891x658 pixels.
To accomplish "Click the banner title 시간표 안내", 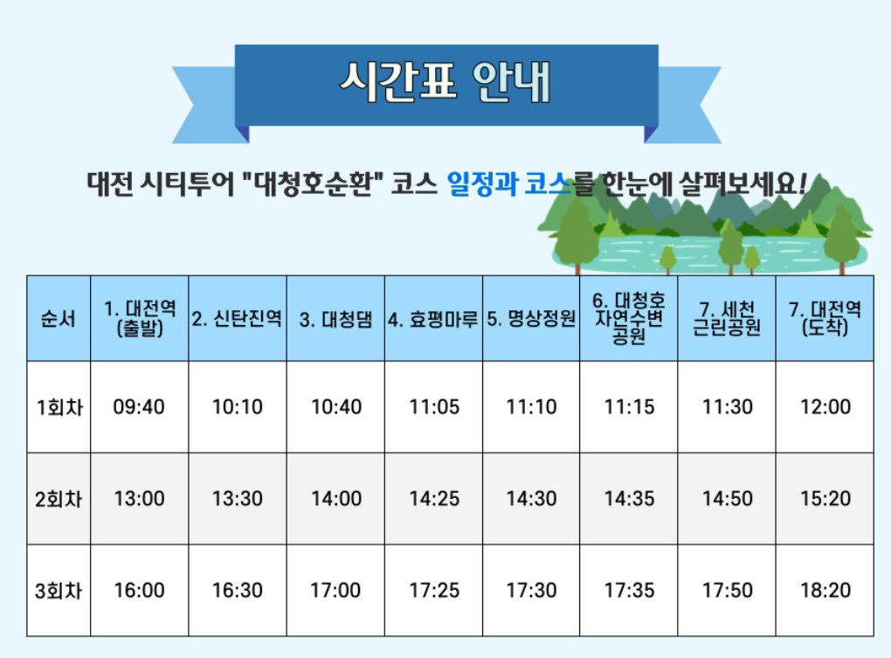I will pyautogui.click(x=445, y=83).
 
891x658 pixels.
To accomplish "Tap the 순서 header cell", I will pyautogui.click(x=59, y=318).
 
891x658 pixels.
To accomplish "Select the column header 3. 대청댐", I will pyautogui.click(x=335, y=319).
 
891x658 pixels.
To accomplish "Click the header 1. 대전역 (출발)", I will pyautogui.click(x=140, y=318).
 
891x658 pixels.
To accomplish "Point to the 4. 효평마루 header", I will pyautogui.click(x=433, y=319).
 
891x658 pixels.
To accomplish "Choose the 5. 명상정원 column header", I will pyautogui.click(x=531, y=319).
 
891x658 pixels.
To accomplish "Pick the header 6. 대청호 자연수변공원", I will pyautogui.click(x=629, y=319).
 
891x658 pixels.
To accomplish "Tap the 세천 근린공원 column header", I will pyautogui.click(x=727, y=319).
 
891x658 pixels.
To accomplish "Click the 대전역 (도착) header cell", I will pyautogui.click(x=825, y=318).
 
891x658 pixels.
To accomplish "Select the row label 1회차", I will pyautogui.click(x=59, y=407).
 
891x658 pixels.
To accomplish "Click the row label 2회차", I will pyautogui.click(x=59, y=500).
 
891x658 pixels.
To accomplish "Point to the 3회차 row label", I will pyautogui.click(x=59, y=591).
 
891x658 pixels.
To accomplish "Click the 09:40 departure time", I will pyautogui.click(x=139, y=407).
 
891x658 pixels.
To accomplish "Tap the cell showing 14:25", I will pyautogui.click(x=434, y=499).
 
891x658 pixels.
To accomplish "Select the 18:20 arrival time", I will pyautogui.click(x=825, y=591).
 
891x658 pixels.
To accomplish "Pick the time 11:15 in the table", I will pyautogui.click(x=629, y=407).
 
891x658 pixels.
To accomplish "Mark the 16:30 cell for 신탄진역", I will pyautogui.click(x=238, y=591).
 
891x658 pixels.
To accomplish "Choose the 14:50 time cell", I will pyautogui.click(x=728, y=499).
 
